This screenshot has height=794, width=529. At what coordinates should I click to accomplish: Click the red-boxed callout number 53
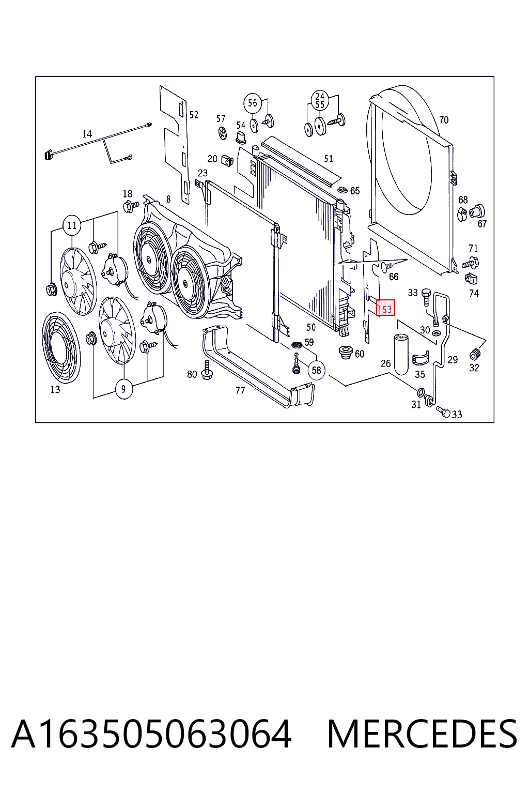385,308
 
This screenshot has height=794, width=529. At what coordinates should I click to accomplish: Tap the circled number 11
72,225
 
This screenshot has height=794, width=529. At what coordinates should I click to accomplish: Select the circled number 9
123,389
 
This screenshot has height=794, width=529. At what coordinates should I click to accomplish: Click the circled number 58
316,370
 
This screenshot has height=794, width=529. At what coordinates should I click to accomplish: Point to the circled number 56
252,103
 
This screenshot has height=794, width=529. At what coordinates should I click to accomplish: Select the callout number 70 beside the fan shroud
444,120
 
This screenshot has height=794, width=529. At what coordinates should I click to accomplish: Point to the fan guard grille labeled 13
61,347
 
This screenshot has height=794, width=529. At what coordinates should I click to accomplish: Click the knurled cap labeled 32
474,354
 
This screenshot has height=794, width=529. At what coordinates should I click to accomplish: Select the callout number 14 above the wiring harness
87,134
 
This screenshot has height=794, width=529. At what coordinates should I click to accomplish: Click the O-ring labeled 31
421,392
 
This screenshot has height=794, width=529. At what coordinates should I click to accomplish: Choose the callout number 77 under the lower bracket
240,390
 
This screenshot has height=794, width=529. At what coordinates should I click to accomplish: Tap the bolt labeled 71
471,264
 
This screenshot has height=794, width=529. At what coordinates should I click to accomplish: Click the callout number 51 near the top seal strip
329,159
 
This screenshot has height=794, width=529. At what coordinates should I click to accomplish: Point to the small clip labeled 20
227,161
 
